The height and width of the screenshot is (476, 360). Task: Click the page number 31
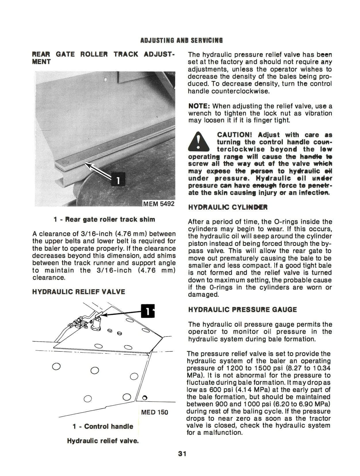tap(182, 454)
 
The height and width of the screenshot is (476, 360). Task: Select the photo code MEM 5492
tap(159, 204)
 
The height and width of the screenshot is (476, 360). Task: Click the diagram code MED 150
tap(155, 412)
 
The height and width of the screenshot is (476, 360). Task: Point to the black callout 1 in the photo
tap(117, 180)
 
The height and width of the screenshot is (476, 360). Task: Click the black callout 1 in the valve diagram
tap(148, 311)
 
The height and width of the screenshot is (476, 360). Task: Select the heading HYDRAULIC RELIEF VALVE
tap(79, 292)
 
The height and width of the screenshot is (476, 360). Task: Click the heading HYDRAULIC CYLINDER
tap(228, 207)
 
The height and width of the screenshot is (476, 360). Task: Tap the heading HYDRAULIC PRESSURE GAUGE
tap(242, 309)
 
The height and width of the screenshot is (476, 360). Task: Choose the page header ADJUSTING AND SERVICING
tap(181, 40)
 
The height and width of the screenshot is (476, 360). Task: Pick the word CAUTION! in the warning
tap(235, 135)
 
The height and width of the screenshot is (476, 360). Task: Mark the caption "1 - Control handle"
tap(103, 426)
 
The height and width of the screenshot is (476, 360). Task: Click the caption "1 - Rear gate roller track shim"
tap(104, 219)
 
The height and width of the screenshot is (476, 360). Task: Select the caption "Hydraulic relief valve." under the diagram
tap(103, 441)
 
